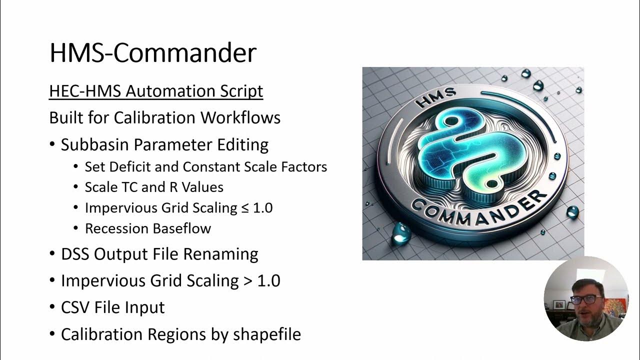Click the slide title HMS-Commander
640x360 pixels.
pyautogui.click(x=152, y=52)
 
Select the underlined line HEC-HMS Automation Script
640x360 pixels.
pyautogui.click(x=156, y=91)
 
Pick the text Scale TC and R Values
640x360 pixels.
pyautogui.click(x=154, y=187)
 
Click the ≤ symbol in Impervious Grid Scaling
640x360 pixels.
pyautogui.click(x=244, y=207)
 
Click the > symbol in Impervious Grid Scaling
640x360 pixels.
pyautogui.click(x=247, y=280)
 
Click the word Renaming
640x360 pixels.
pyautogui.click(x=220, y=254)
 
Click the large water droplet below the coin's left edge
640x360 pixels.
pyautogui.click(x=401, y=232)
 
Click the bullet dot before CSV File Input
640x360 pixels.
pyautogui.click(x=52, y=307)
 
